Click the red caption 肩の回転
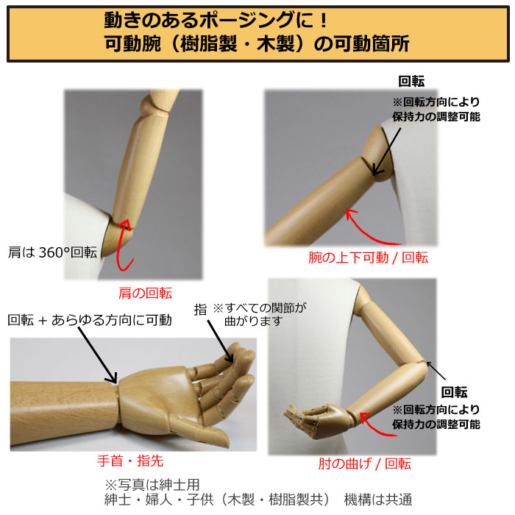(x=145, y=293)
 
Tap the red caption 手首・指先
(x=130, y=461)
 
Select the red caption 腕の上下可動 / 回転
(x=368, y=257)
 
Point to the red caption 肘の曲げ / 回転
(x=365, y=464)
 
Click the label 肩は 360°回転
(x=52, y=252)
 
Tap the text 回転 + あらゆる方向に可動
(x=90, y=320)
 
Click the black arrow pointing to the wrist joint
(x=97, y=355)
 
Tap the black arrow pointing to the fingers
(x=220, y=341)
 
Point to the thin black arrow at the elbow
(x=436, y=371)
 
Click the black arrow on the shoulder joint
(x=386, y=152)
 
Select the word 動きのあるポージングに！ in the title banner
(x=216, y=21)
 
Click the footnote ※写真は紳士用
(x=152, y=485)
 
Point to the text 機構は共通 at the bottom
(x=377, y=500)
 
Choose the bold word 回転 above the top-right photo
(x=411, y=81)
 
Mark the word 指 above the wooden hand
(x=200, y=310)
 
